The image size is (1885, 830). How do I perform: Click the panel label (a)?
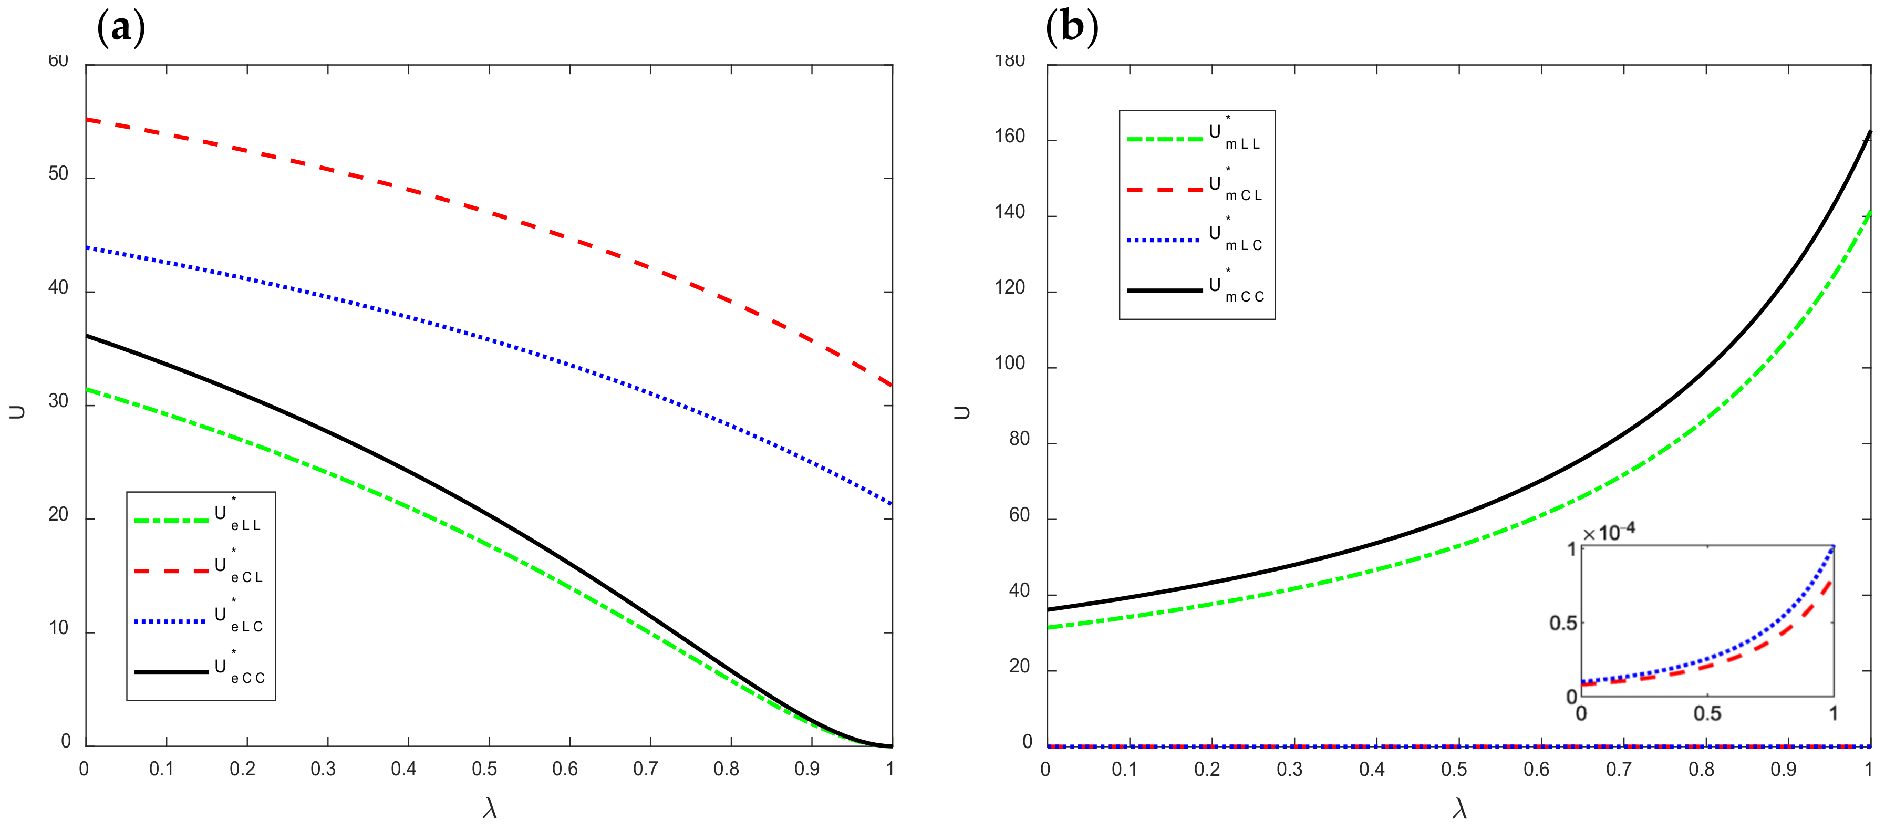pos(121,28)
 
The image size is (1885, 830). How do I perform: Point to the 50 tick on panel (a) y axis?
pos(58,174)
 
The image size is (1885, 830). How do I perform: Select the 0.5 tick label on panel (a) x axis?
pos(484,769)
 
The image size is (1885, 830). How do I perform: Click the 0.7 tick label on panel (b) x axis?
pos(1618,769)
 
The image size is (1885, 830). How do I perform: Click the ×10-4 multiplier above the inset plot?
pos(1609,532)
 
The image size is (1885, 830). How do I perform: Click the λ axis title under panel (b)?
pos(1459,808)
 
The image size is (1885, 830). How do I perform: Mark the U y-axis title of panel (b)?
pos(961,412)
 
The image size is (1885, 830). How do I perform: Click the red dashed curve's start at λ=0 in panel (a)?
pos(87,119)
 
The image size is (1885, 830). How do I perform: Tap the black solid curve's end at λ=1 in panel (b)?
pos(1870,132)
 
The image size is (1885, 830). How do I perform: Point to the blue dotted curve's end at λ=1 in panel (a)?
pos(891,504)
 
